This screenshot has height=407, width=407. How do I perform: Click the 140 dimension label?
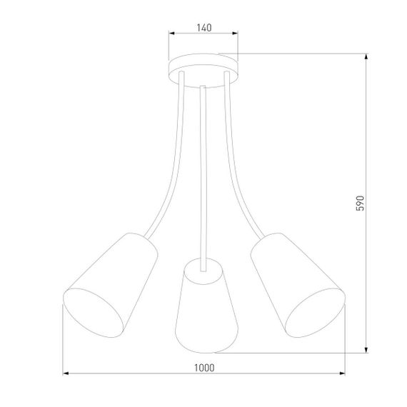[203, 28]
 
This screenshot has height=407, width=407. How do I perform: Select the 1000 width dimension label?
[203, 368]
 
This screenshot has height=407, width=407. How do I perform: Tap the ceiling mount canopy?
[203, 68]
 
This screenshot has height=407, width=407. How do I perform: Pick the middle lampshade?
[203, 303]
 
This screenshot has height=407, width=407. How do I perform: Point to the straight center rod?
[204, 171]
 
